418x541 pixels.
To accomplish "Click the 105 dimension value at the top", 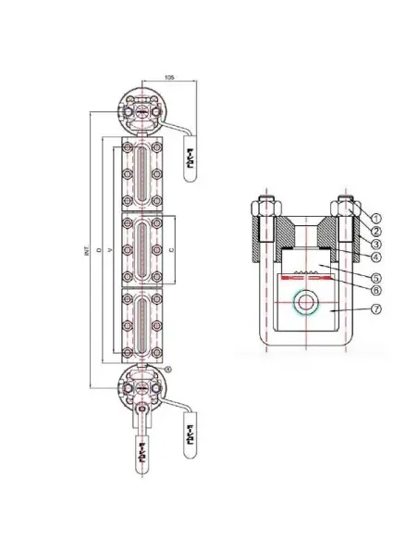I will click(x=168, y=77).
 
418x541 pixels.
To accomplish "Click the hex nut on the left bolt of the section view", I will click(x=263, y=208).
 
